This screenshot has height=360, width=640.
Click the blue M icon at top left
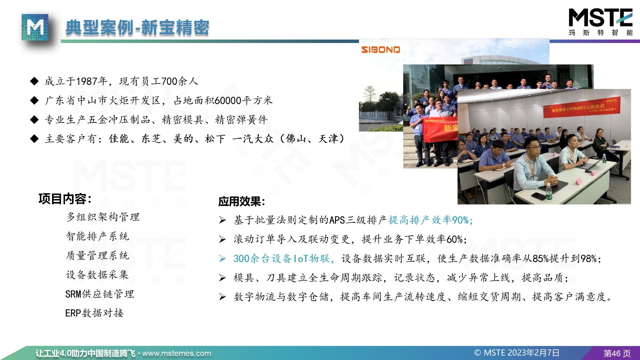(35, 27)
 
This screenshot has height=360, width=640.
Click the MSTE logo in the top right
(600, 22)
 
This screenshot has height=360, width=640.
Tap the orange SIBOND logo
(380, 50)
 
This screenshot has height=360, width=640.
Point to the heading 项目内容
(65, 198)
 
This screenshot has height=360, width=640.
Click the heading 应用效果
(242, 202)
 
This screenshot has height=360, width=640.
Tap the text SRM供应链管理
(100, 294)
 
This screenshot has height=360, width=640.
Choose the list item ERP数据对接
(94, 313)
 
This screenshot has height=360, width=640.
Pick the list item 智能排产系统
(98, 236)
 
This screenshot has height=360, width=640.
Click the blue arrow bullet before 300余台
(222, 258)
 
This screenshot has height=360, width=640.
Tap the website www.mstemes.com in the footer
(176, 354)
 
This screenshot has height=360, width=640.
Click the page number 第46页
(617, 354)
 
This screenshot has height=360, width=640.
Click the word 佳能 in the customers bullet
(119, 139)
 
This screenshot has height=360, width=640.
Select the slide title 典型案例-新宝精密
(138, 28)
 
